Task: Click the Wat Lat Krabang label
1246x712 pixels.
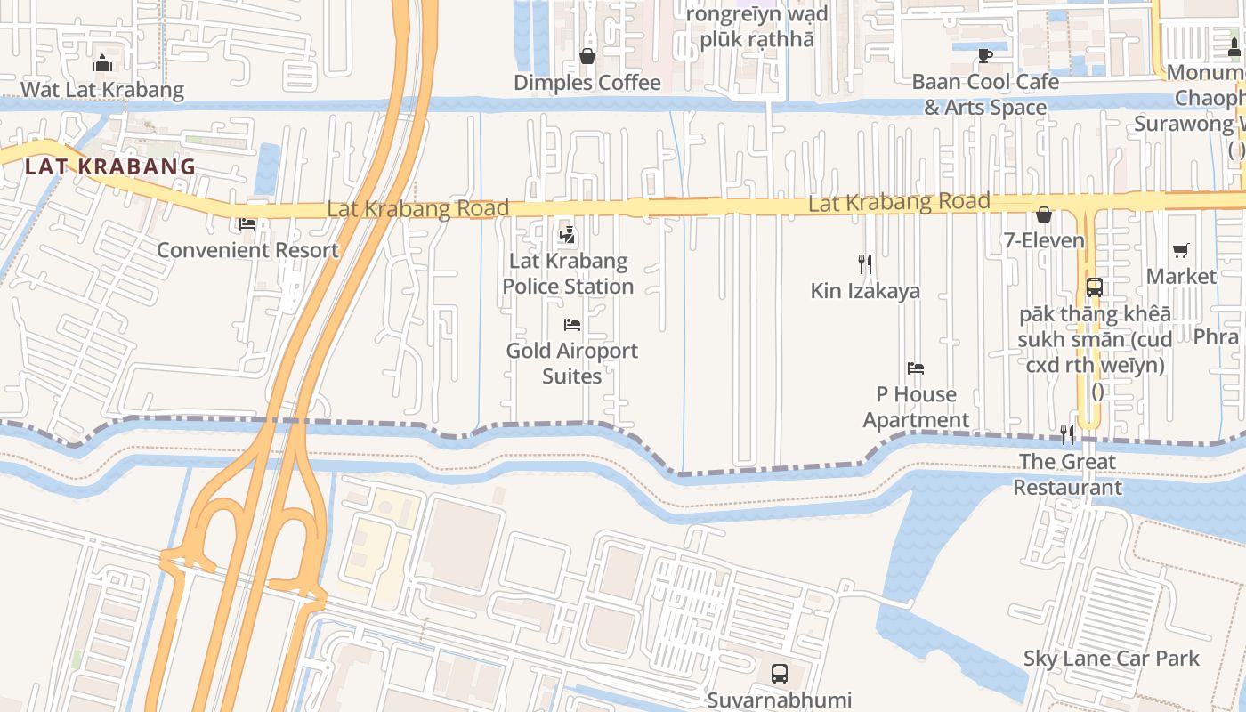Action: pos(102,90)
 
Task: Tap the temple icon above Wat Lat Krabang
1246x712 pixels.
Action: pos(102,63)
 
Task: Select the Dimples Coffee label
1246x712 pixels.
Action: pos(587,83)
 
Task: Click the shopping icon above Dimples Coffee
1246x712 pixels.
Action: pos(587,56)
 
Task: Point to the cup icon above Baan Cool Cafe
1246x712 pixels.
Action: pos(985,55)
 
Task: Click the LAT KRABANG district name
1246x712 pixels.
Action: pos(110,166)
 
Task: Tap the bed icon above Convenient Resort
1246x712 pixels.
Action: pos(247,223)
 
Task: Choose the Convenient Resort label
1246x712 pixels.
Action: pos(247,250)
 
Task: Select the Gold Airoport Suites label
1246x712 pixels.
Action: pos(572,363)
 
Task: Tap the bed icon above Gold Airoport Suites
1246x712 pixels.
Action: pos(572,325)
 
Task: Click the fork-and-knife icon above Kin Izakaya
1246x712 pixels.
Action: pos(865,264)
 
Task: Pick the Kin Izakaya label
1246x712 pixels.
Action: pos(865,291)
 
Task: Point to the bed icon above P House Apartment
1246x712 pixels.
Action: pos(916,368)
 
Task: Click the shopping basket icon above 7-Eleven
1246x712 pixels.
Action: pos(1044,214)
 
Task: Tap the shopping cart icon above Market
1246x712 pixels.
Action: pos(1181,251)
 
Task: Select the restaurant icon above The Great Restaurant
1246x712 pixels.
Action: pos(1067,435)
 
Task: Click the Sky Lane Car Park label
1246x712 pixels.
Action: pos(1111,659)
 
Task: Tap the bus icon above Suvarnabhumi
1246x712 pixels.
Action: pos(780,674)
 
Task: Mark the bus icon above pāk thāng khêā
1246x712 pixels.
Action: pos(1095,287)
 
